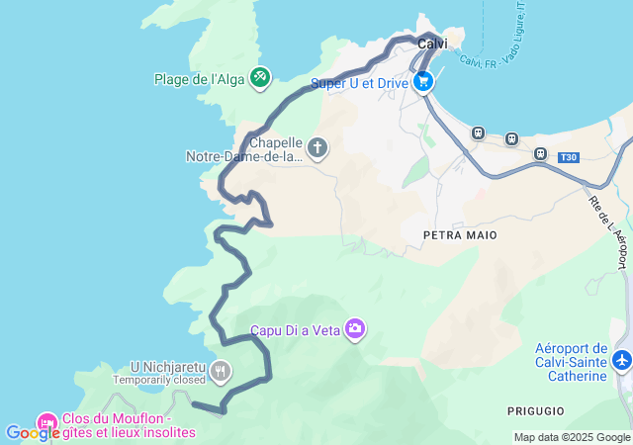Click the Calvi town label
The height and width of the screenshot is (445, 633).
coord(433,44)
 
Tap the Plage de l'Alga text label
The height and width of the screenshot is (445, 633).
coord(199,79)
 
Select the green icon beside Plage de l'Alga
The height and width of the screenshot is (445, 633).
coord(260,76)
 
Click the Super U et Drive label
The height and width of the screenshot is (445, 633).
coord(359,84)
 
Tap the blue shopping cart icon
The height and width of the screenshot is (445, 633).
coord(423,83)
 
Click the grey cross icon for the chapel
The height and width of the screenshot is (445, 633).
coord(317,149)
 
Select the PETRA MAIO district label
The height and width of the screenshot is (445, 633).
coord(459,235)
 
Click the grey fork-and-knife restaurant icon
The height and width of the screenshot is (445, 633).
coord(220,373)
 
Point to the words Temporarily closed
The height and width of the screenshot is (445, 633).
coord(158,380)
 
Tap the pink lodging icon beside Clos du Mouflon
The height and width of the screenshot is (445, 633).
coord(46,423)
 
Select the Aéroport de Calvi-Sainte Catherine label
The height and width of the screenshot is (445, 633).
coord(571,362)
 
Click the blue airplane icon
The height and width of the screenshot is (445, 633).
coord(622,361)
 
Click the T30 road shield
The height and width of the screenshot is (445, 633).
coord(567,157)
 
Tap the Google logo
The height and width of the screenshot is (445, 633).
coord(32,433)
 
